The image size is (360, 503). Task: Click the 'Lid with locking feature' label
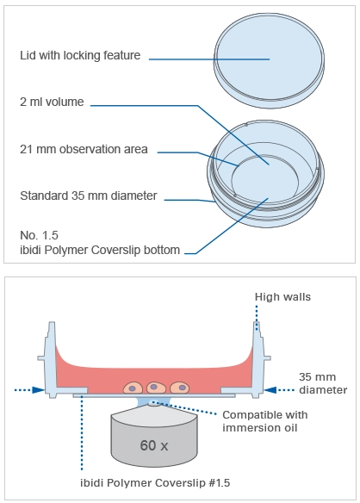pyautogui.click(x=80, y=55)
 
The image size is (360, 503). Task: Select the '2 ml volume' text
pyautogui.click(x=52, y=102)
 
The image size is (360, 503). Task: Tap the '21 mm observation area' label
pyautogui.click(x=84, y=149)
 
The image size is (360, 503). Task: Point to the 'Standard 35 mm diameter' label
pyautogui.click(x=89, y=196)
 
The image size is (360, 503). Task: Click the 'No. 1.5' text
pyautogui.click(x=39, y=235)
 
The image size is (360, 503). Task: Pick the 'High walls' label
pyautogui.click(x=282, y=297)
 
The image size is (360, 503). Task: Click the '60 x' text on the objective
pyautogui.click(x=154, y=445)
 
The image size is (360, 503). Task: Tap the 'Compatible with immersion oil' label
pyautogui.click(x=265, y=421)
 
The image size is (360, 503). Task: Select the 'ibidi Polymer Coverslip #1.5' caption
pyautogui.click(x=155, y=483)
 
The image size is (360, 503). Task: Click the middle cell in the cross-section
pyautogui.click(x=156, y=388)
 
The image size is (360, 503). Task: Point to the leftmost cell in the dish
pyautogui.click(x=133, y=388)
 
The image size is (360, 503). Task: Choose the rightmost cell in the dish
pyautogui.click(x=180, y=388)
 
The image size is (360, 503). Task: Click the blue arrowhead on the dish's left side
pyautogui.click(x=39, y=390)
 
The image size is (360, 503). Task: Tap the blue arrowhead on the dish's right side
pyautogui.click(x=270, y=390)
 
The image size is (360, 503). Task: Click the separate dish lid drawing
pyautogui.click(x=269, y=60)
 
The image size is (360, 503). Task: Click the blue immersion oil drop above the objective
pyautogui.click(x=154, y=401)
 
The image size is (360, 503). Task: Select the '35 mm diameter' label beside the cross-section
pyautogui.click(x=323, y=383)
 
